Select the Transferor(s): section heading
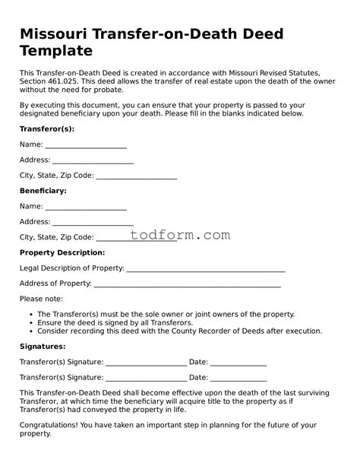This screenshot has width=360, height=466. pyautogui.click(x=46, y=128)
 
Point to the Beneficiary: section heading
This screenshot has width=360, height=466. pyautogui.click(x=43, y=191)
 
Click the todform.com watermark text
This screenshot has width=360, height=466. pyautogui.click(x=180, y=236)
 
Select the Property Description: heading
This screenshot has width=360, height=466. pyautogui.click(x=62, y=252)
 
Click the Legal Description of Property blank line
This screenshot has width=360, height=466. pyautogui.click(x=206, y=268)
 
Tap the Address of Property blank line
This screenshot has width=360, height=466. pyautogui.click(x=187, y=284)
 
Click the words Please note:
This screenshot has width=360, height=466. pyautogui.click(x=41, y=299)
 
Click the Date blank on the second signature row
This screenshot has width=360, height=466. pyautogui.click(x=238, y=377)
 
